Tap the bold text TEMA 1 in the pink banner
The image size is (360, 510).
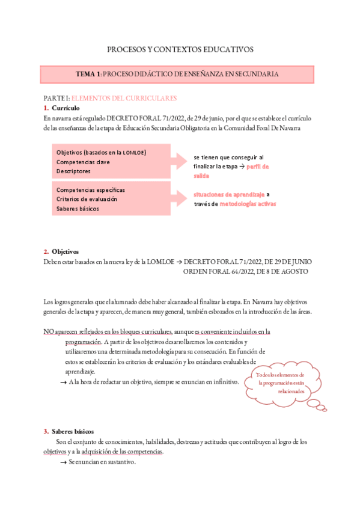88,74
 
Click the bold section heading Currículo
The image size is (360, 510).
65,108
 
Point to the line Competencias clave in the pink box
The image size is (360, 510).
83,162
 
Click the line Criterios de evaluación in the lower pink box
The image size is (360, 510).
87,199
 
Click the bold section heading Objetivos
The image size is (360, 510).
65,251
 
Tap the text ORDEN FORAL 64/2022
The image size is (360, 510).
223,271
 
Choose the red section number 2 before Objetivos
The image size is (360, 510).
46,251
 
